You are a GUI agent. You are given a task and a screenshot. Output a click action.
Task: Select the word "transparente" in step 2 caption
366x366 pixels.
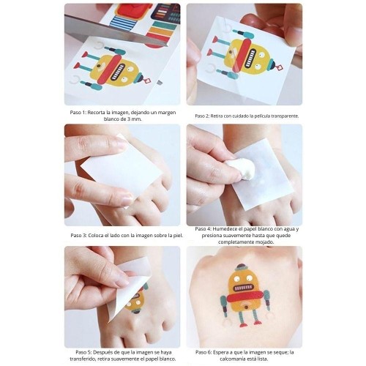280,115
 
